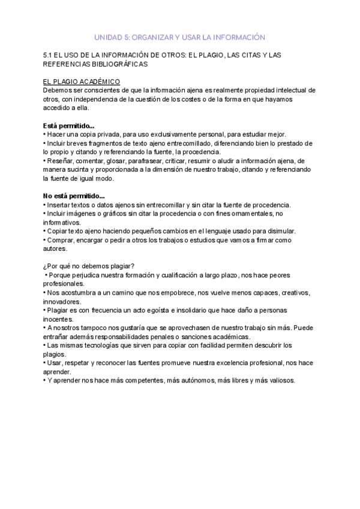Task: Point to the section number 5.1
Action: tap(49, 55)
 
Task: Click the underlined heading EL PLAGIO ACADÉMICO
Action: tap(82, 81)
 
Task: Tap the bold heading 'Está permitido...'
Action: tap(68, 125)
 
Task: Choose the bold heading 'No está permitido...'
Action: tap(74, 196)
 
